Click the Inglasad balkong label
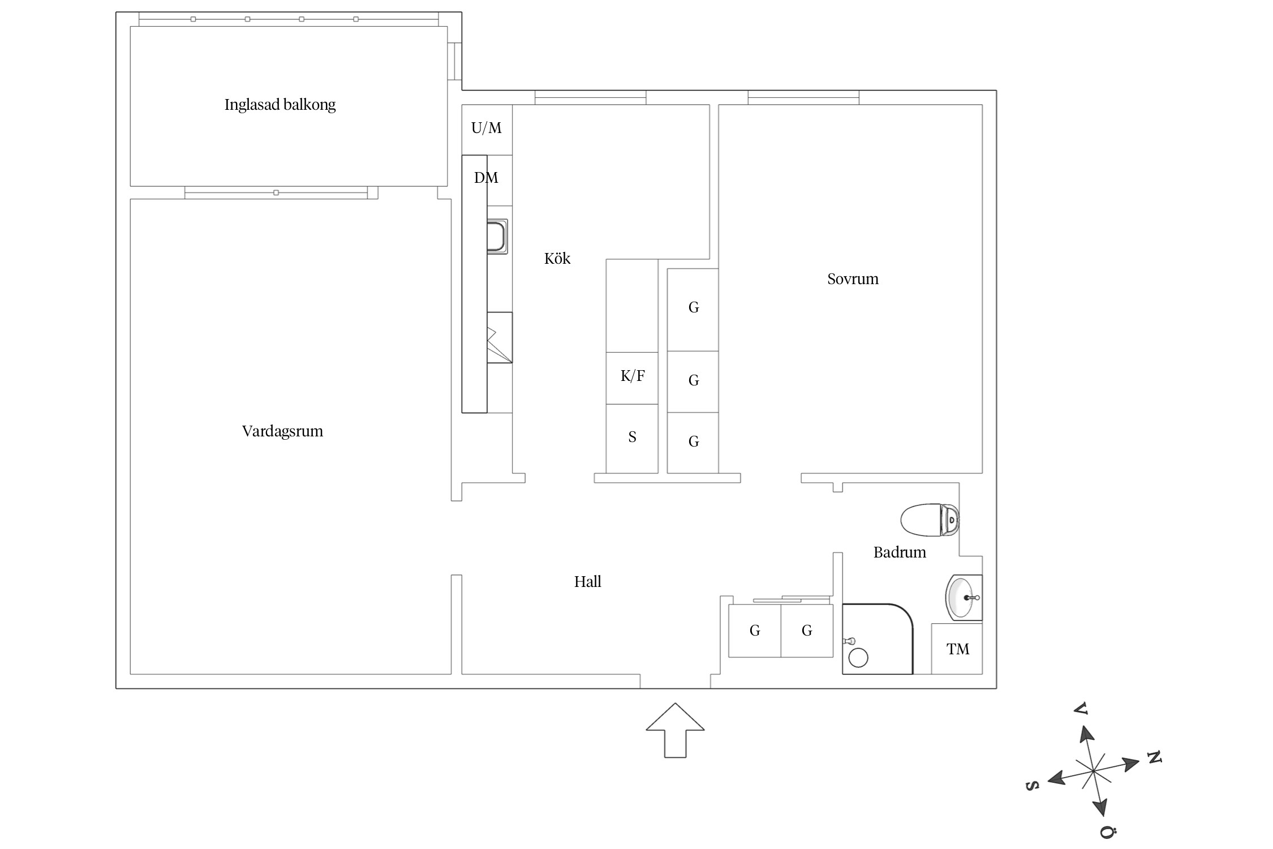pyautogui.click(x=280, y=105)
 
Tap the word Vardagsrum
pyautogui.click(x=282, y=431)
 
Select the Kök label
pyautogui.click(x=557, y=259)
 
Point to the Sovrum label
pyautogui.click(x=853, y=279)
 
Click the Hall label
pyautogui.click(x=587, y=582)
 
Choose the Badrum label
pyautogui.click(x=900, y=552)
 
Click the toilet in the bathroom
pyautogui.click(x=930, y=520)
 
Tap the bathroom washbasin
pyautogui.click(x=964, y=597)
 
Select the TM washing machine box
pyautogui.click(x=957, y=649)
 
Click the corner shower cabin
pyautogui.click(x=878, y=639)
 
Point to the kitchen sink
pyautogui.click(x=497, y=236)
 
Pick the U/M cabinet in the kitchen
pyautogui.click(x=487, y=130)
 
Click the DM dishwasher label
pyautogui.click(x=486, y=178)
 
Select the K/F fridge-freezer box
pyautogui.click(x=632, y=378)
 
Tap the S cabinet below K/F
pyautogui.click(x=632, y=439)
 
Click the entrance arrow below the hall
pyautogui.click(x=675, y=730)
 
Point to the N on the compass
pyautogui.click(x=1154, y=757)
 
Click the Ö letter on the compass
pyautogui.click(x=1108, y=832)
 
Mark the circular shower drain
pyautogui.click(x=858, y=658)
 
